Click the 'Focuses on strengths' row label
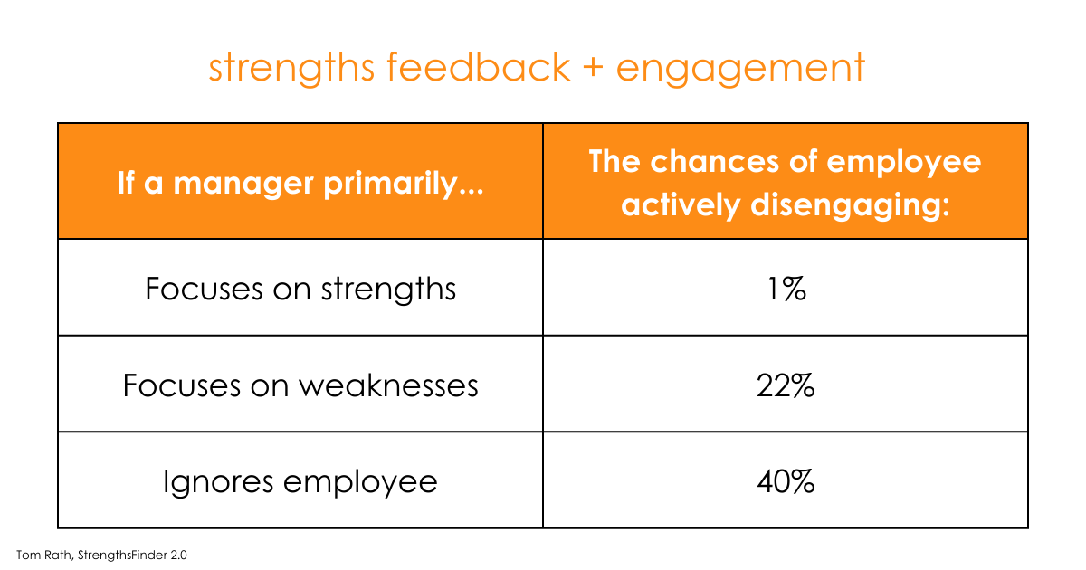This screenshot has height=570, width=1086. coord(300,289)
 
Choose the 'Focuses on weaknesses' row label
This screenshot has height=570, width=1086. coord(300,385)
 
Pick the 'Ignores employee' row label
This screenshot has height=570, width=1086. coord(300,481)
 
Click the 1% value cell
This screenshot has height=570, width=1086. coord(785,290)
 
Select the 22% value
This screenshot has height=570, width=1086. coord(785,386)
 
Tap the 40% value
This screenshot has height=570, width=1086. coord(785,482)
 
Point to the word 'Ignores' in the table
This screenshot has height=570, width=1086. coord(218,482)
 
